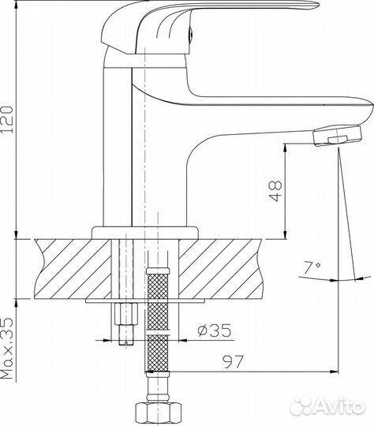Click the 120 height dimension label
coord(7,119)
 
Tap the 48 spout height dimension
coord(275,191)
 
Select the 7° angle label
coord(312,268)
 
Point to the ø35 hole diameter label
coord(215,330)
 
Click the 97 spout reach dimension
coord(233,361)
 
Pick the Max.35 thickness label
coord(7,348)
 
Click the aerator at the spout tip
coord(338,136)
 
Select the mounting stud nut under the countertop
coord(126,313)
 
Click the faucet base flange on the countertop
coord(144,233)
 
